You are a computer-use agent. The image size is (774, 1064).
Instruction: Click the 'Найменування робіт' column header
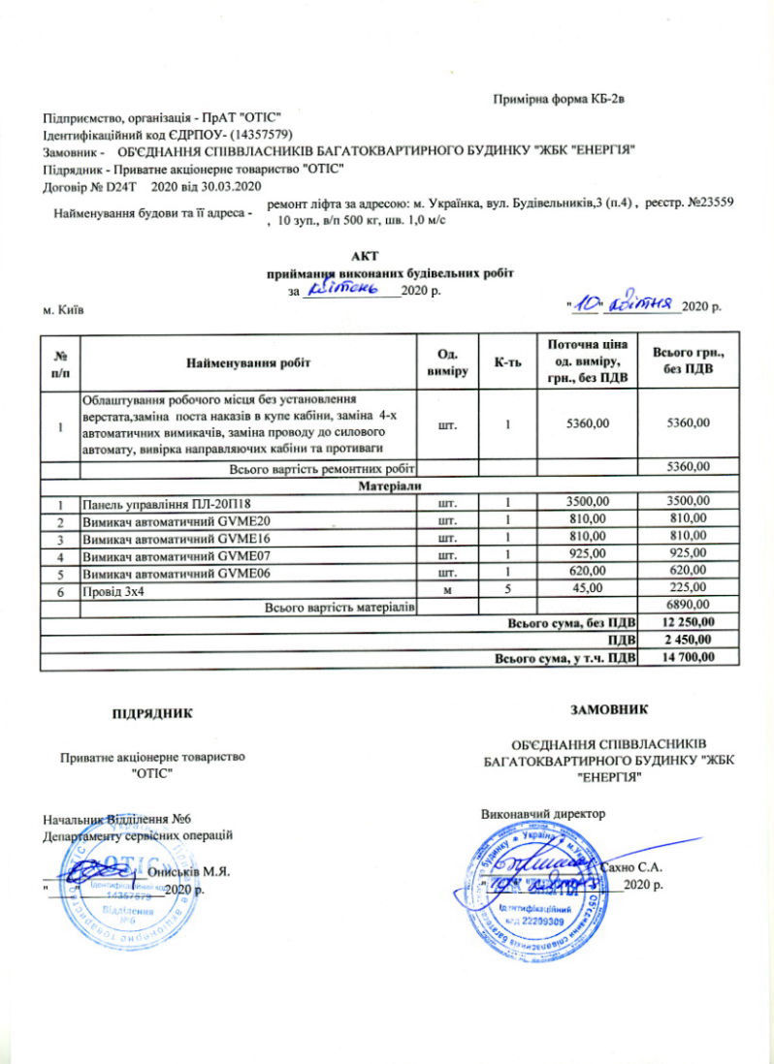click(246, 362)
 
